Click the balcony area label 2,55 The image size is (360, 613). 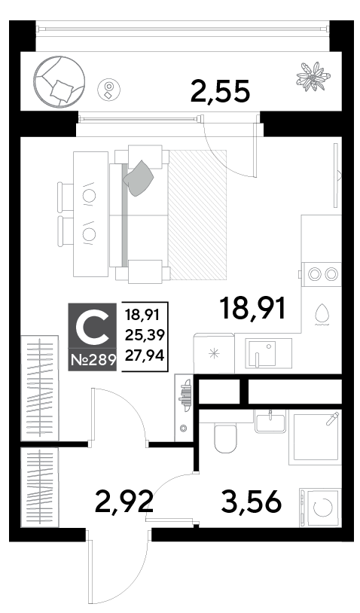click(x=220, y=91)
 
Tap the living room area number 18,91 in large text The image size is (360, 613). click(x=253, y=308)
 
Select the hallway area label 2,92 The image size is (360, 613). click(x=124, y=502)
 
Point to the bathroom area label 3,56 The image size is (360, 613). click(x=251, y=502)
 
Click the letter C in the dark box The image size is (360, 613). click(x=92, y=328)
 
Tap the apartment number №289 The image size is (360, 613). click(x=93, y=359)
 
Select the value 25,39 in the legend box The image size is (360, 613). click(x=145, y=334)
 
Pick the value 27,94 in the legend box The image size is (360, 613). click(x=145, y=355)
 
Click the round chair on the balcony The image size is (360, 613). click(x=59, y=81)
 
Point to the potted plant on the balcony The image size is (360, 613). click(x=313, y=76)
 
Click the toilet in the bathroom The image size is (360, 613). click(x=225, y=438)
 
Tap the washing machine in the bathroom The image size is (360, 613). click(x=320, y=507)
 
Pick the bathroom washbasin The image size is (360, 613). click(x=270, y=422)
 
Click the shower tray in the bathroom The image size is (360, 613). click(x=315, y=438)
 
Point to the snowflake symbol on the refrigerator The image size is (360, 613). click(x=214, y=354)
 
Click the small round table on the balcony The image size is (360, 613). click(x=109, y=90)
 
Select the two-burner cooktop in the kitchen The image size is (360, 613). click(x=322, y=273)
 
